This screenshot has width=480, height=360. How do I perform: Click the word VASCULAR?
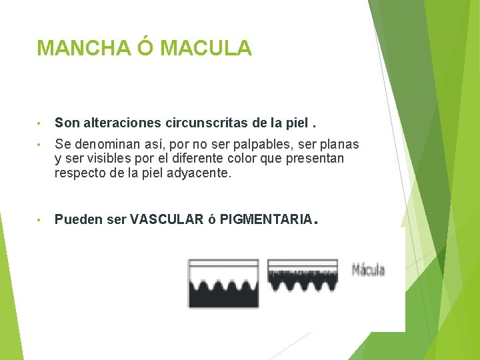[167, 219]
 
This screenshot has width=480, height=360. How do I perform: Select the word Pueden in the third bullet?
[74, 219]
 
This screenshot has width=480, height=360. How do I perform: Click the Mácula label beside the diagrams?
[368, 270]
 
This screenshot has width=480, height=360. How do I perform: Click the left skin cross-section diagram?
[223, 283]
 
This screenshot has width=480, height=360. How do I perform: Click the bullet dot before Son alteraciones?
[41, 123]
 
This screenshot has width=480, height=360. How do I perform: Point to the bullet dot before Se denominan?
[41, 145]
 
